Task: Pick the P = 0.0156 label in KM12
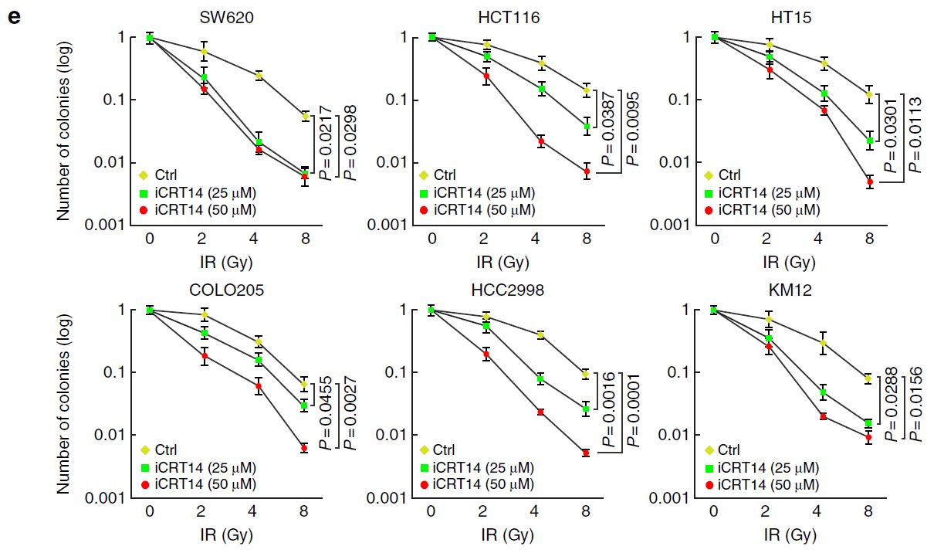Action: coord(916,402)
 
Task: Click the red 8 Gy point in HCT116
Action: coord(587,171)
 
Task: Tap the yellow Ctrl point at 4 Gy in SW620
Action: coord(259,75)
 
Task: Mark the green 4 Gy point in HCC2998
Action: coord(540,378)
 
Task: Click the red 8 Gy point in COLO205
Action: coord(304,448)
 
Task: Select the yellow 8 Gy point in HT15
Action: coord(870,95)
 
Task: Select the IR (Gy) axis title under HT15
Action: coord(789,263)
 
